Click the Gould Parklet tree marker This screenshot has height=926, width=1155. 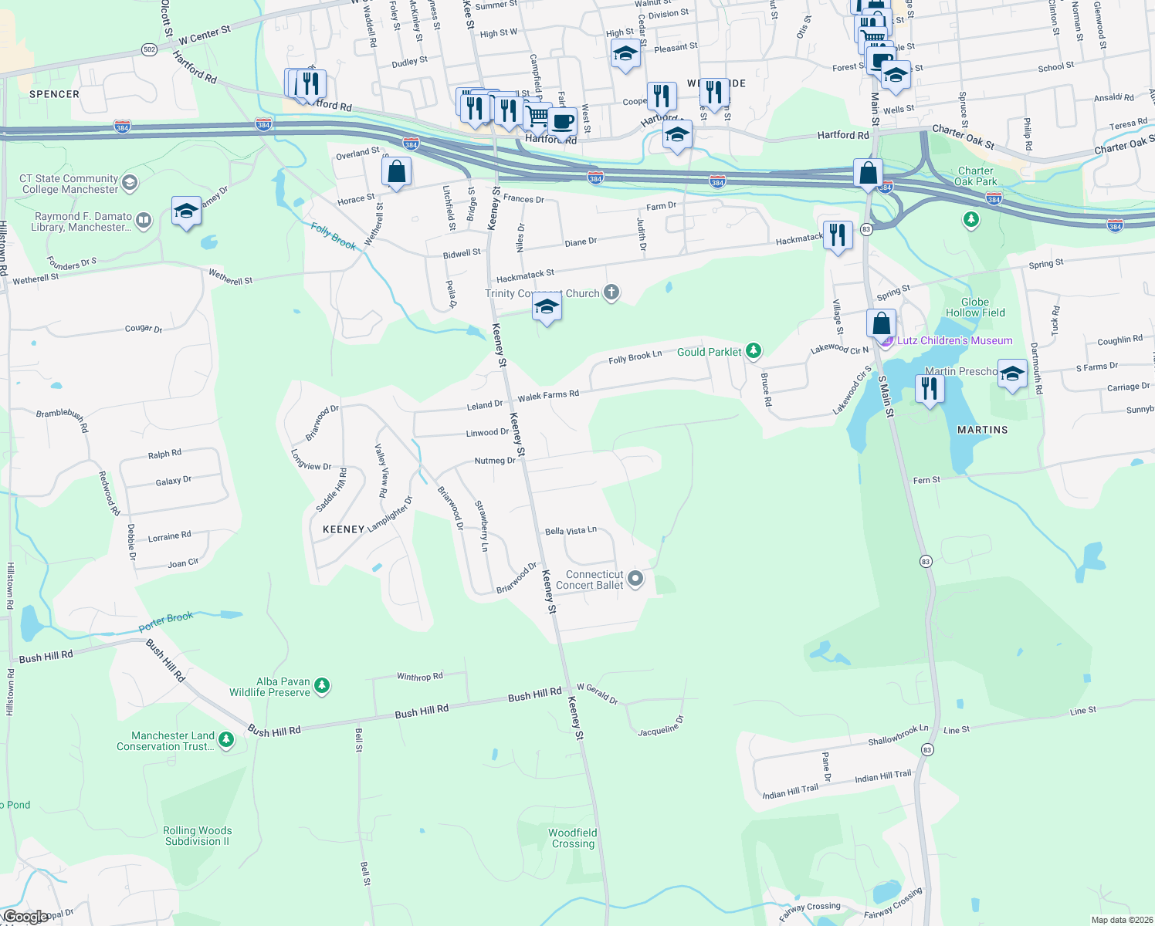(754, 351)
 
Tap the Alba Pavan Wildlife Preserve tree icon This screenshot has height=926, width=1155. (323, 685)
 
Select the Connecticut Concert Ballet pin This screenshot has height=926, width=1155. (635, 578)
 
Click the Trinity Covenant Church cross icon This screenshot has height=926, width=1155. (611, 292)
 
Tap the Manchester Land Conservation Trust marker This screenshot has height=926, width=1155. (226, 740)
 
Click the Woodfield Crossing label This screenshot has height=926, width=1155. (573, 838)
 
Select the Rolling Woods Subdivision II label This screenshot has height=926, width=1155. (197, 836)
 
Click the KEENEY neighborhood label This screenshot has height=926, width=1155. (344, 529)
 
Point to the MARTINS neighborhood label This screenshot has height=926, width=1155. (983, 430)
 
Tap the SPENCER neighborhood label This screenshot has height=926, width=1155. (54, 94)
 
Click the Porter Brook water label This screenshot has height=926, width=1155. (166, 621)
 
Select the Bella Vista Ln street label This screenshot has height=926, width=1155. (571, 531)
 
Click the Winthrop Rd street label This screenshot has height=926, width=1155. (419, 677)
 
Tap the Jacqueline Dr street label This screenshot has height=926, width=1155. (661, 727)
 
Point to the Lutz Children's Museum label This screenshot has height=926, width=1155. (954, 340)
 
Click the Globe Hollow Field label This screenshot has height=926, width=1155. (975, 307)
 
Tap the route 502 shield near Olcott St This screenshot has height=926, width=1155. (150, 49)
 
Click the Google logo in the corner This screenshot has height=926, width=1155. (25, 917)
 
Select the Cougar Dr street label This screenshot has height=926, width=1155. (144, 329)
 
